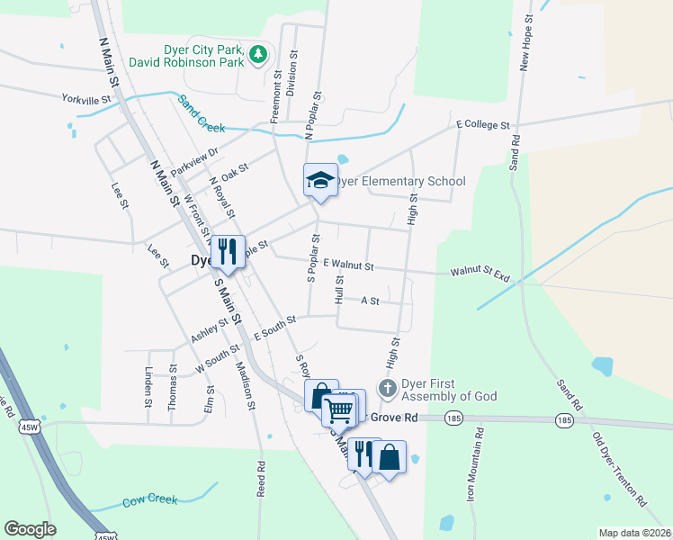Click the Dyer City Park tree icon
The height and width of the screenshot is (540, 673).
coord(258,54)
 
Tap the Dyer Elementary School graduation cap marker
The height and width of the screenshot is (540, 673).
coord(320,180)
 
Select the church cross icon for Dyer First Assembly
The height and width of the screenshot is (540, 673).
coord(388,389)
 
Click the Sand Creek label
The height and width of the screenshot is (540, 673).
coord(201,113)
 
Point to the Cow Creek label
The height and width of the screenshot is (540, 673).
coord(146,499)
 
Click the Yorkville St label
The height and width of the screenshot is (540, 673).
coord(85,99)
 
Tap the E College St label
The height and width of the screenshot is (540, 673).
coord(482,124)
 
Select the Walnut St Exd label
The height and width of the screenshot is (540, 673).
coord(480,271)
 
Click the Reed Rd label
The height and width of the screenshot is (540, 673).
coord(261,479)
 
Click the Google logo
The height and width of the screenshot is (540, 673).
coord(30,529)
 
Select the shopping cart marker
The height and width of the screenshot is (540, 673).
coord(340,409)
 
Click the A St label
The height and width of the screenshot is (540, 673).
coord(370,301)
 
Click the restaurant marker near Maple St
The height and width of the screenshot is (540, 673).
coord(227,250)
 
